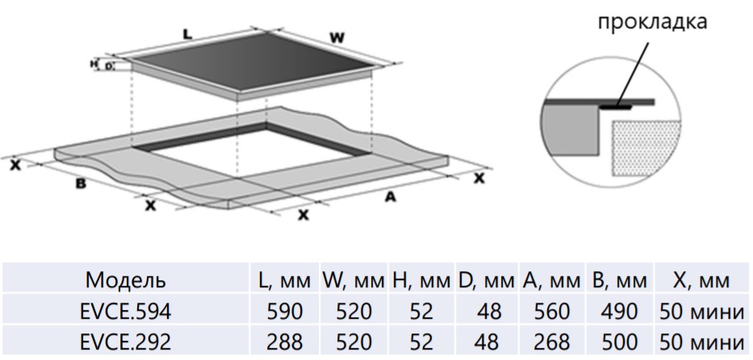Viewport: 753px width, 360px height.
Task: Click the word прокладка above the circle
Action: coord(652,22)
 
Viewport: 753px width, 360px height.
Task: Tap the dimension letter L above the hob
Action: coord(187,35)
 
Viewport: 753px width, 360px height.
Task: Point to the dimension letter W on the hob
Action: coord(339,37)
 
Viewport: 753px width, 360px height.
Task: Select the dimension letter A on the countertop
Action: coord(390,196)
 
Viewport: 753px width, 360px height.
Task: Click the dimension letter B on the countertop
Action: coord(80,184)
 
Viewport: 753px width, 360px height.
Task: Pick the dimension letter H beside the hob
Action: coord(94,63)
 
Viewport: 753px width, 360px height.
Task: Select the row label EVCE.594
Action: coord(128,311)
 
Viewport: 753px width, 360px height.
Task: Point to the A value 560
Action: coord(551,311)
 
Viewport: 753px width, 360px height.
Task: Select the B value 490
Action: coord(619,311)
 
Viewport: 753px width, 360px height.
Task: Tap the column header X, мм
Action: coord(700,281)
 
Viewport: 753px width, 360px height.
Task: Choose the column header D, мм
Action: coord(487,281)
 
